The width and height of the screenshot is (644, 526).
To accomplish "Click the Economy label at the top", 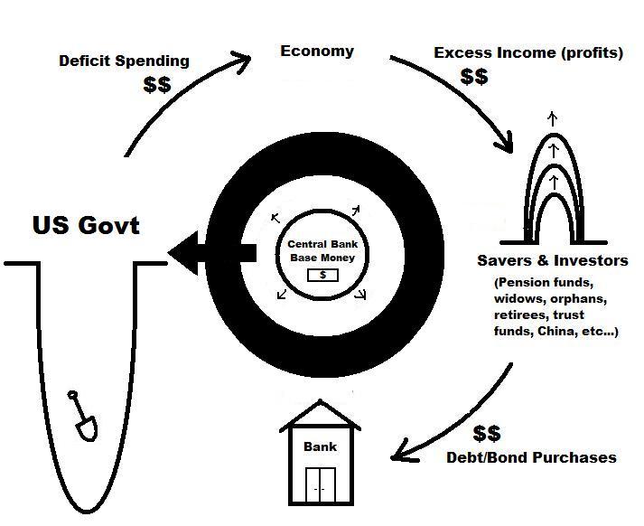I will pos(317,51).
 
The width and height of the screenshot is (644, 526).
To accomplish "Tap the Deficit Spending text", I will pos(124,61).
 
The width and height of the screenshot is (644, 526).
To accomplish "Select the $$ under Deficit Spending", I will pos(158,85).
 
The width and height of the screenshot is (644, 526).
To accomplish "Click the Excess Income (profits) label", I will pos(528,52).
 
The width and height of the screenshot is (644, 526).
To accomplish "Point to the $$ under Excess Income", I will pos(474,76).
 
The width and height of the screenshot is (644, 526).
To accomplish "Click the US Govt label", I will pos(86,224).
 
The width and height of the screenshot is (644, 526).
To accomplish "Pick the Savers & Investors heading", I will pos(552,260).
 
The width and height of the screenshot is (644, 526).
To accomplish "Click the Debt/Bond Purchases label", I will pos(531,457).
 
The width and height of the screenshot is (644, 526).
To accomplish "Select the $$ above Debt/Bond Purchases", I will pos(487,434).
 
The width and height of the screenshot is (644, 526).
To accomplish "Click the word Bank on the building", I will pos(320,446).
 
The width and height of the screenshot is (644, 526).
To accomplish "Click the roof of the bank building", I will pos(320,418).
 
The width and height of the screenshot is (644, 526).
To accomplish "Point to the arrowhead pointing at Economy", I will pos(239,62).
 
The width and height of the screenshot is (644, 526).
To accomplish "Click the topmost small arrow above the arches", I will pos(554,117).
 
